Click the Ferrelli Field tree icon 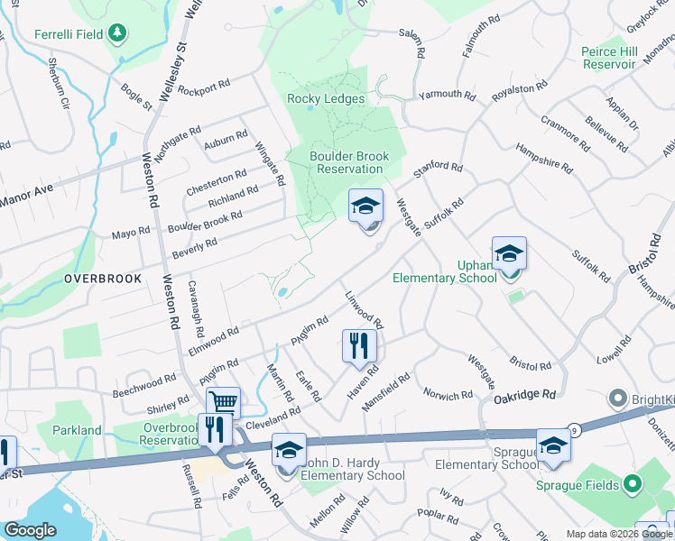116,34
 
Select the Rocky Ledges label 326,99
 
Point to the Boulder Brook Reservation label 349,162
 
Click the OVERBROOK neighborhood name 103,279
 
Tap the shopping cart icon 223,401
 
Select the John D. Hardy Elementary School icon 289,450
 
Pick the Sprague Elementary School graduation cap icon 553,445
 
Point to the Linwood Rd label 365,309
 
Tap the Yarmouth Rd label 446,95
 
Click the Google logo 31,530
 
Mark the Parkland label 77,430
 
